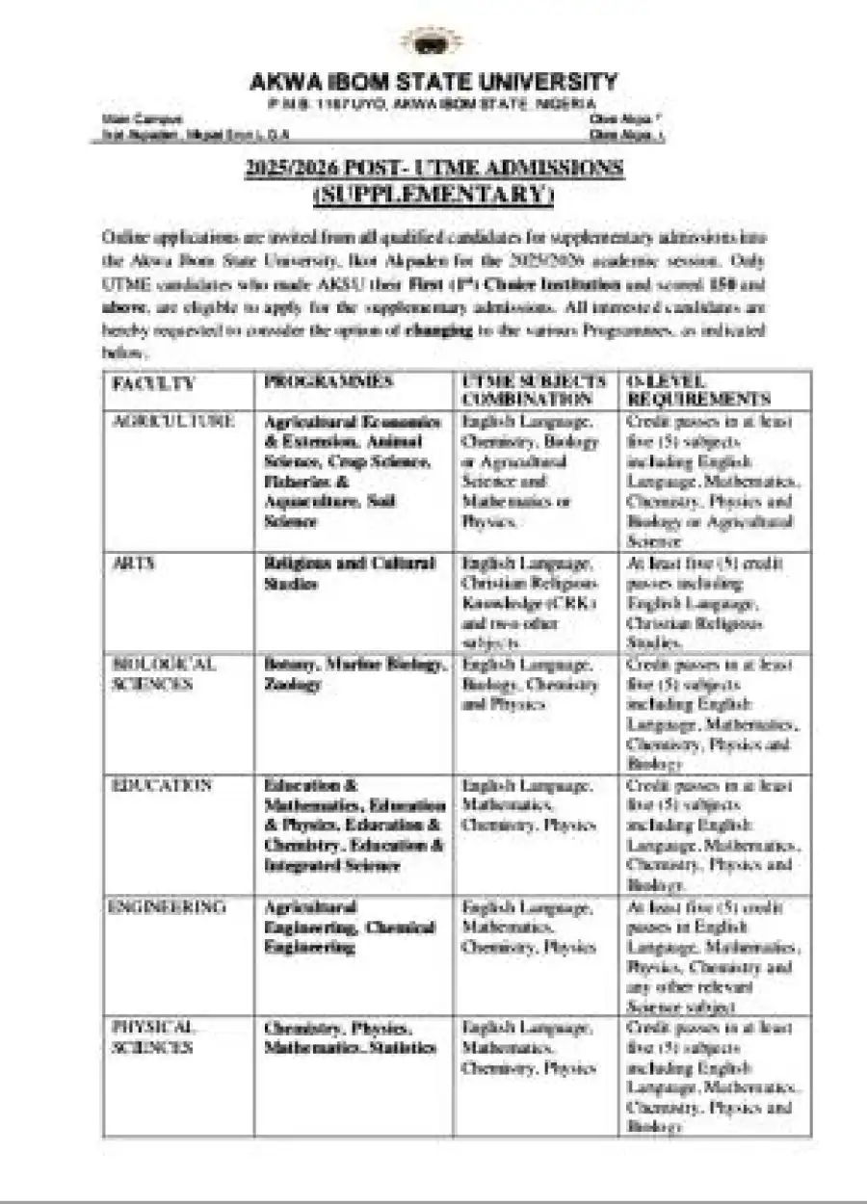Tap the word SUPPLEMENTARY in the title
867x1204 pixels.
[x=433, y=196]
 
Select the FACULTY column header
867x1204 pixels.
[x=153, y=383]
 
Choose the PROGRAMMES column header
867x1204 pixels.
[x=328, y=382]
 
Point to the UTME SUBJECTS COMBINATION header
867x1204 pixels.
[x=534, y=390]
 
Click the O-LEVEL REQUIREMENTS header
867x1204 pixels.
[x=698, y=390]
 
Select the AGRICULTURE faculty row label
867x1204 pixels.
[x=173, y=422]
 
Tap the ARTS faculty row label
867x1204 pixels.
[x=134, y=563]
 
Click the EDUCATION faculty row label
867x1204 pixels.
[x=161, y=786]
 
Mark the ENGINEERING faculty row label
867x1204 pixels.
[x=169, y=907]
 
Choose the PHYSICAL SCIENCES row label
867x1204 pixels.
[x=153, y=1038]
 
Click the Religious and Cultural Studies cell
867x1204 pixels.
[x=350, y=573]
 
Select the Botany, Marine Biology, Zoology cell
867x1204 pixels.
[x=355, y=674]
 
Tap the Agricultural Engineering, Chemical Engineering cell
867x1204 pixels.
[x=350, y=928]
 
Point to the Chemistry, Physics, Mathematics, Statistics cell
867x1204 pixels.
[x=350, y=1038]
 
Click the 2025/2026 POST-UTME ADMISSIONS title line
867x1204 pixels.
[x=433, y=169]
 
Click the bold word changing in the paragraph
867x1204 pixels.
[x=439, y=331]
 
